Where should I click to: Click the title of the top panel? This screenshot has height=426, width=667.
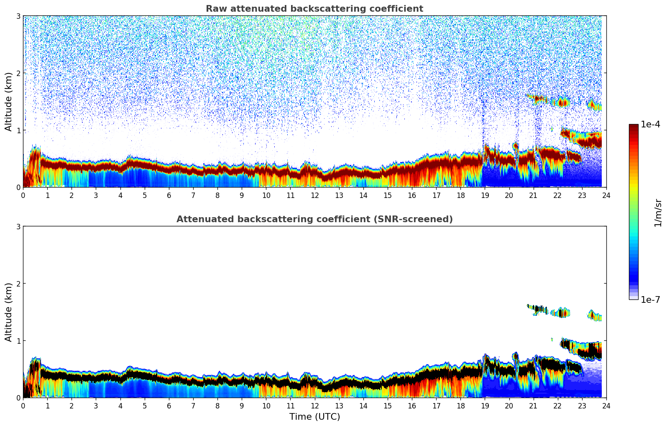click(x=314, y=9)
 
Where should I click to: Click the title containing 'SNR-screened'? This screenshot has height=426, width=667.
click(x=314, y=219)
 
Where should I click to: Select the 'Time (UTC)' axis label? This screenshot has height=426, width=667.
click(x=314, y=417)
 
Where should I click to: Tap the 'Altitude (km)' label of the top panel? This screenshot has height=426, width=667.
click(x=8, y=101)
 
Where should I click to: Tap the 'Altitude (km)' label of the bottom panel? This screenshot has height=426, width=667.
click(x=8, y=312)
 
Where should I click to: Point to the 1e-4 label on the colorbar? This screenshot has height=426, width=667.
click(x=650, y=124)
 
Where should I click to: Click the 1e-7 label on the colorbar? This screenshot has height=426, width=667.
click(x=650, y=299)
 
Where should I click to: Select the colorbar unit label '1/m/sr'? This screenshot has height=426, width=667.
click(x=658, y=213)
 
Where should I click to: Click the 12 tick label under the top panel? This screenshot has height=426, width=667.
click(x=314, y=195)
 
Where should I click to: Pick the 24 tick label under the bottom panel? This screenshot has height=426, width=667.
click(x=606, y=406)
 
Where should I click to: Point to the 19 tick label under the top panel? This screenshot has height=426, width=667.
click(x=485, y=195)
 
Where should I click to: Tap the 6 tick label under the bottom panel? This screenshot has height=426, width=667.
click(x=169, y=406)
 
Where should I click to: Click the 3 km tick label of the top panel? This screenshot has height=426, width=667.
click(x=18, y=16)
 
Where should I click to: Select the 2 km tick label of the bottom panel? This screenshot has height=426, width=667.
click(x=18, y=284)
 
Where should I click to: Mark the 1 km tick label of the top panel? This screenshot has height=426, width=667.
click(x=18, y=130)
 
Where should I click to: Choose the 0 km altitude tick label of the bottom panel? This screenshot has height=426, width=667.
click(x=18, y=398)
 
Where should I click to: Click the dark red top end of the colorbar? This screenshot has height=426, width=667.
click(x=634, y=126)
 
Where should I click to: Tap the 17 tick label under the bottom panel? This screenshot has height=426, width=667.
click(x=436, y=406)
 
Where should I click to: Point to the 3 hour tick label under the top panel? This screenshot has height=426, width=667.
click(x=96, y=195)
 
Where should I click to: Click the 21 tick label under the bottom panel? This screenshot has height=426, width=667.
click(x=533, y=406)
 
